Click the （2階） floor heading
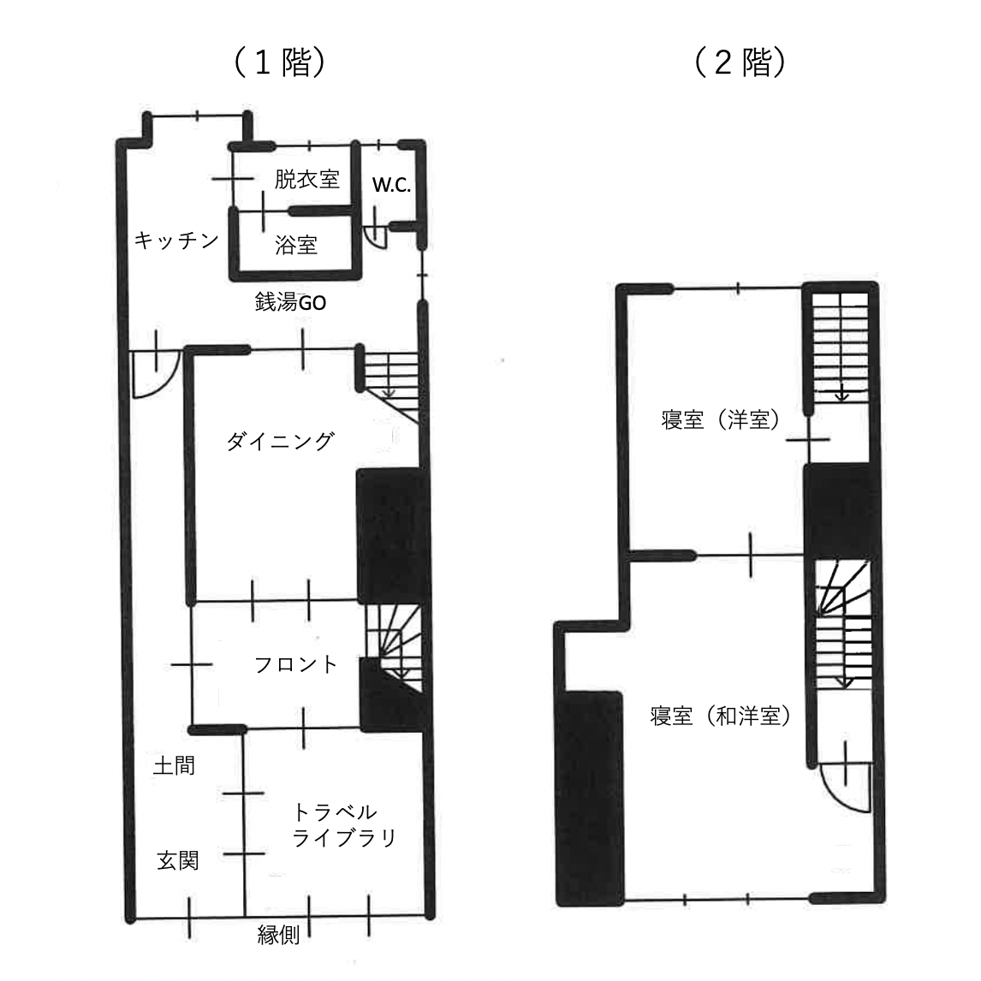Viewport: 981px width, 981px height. coord(740,62)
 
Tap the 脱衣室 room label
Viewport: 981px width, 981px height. coord(307,179)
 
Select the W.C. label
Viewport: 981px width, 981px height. coord(391,186)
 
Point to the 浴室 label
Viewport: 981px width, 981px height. coord(296,245)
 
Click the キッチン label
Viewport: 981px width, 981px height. coord(177,241)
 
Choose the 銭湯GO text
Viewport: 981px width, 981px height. coord(290,302)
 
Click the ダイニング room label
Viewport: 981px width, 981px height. coord(280,441)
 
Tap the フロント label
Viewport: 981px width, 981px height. coord(296,664)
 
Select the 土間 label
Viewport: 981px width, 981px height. coord(174,764)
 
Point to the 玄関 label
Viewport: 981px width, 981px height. coord(178,859)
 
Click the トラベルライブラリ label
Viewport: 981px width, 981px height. coord(344,824)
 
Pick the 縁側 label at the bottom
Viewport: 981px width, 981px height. coord(279,935)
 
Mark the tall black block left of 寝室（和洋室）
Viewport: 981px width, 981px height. coord(591,796)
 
